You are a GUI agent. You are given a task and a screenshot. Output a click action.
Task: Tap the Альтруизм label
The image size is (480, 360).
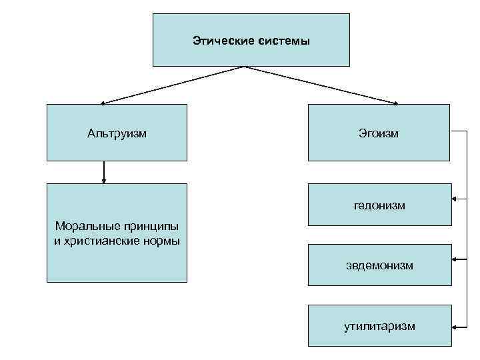(x=117, y=133)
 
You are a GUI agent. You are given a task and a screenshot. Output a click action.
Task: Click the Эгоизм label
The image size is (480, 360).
(x=379, y=133)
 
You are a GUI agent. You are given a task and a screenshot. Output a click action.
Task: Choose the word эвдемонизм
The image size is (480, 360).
(x=379, y=265)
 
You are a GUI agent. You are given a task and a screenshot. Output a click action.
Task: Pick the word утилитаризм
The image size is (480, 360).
(x=379, y=325)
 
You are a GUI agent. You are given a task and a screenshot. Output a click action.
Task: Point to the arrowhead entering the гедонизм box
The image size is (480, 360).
(x=454, y=198)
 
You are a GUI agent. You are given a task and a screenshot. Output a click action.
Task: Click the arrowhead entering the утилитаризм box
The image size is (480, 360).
(x=454, y=326)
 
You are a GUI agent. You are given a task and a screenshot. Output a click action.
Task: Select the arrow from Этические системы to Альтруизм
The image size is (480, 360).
(x=173, y=85)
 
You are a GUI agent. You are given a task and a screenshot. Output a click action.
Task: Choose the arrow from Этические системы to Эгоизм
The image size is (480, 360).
(x=320, y=85)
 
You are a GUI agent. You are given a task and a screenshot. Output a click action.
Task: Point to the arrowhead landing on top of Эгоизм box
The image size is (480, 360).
(x=395, y=103)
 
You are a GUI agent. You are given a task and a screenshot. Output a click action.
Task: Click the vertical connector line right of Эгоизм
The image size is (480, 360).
(x=467, y=227)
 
